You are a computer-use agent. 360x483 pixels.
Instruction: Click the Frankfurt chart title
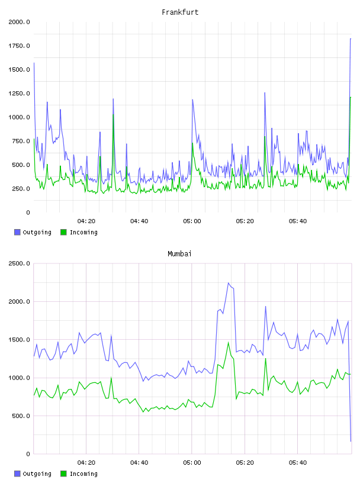180,12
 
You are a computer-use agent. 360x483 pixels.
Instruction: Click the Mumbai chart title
179,254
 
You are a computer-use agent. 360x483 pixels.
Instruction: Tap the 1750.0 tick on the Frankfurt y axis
19,46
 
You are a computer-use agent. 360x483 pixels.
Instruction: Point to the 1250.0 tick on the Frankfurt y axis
19,94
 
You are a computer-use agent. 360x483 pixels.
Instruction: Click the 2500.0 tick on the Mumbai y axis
19,263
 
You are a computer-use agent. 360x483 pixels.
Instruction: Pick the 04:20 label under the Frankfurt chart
86,221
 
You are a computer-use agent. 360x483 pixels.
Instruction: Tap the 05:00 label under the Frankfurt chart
192,221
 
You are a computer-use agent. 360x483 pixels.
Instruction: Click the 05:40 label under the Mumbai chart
298,462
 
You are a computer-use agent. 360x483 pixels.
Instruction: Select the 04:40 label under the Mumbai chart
139,462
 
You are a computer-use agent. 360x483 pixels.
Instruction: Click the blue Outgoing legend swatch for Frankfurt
17,232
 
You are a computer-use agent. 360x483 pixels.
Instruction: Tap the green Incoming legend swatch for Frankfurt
63,232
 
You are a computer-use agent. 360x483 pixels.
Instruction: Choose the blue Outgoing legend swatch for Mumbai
17,474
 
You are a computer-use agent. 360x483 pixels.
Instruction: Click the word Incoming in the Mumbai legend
83,474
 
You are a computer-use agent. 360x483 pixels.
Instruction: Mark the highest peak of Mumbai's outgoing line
229,283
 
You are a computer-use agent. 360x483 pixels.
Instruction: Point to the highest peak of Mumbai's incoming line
229,342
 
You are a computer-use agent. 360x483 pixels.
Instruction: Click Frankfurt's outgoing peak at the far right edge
351,39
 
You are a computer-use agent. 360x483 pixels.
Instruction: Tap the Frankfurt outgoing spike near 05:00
192,99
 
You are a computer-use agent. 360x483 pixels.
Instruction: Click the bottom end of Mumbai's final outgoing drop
351,441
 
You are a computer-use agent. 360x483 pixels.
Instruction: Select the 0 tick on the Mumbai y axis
28,454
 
